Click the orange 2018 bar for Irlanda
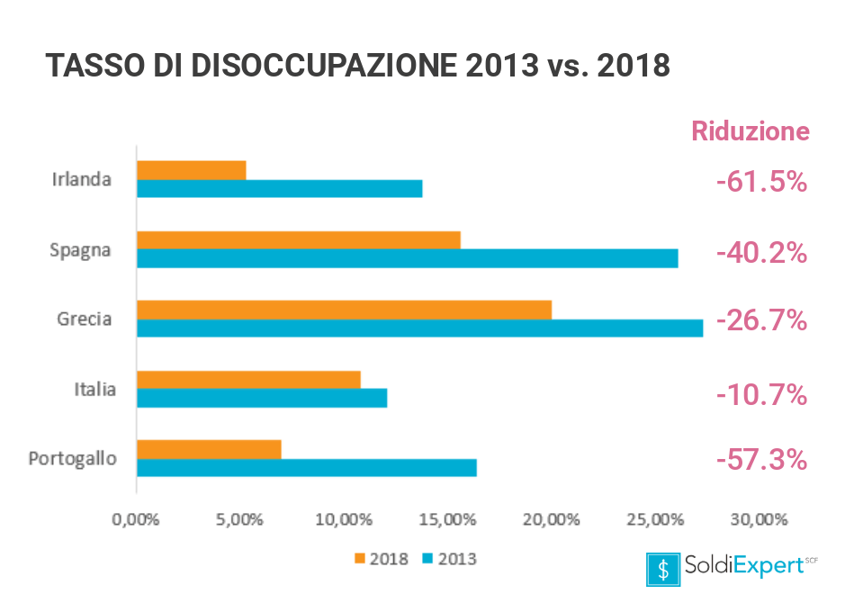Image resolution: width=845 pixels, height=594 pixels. click(191, 170)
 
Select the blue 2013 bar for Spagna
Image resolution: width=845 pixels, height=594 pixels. click(407, 258)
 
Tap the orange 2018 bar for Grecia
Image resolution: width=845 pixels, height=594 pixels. click(344, 310)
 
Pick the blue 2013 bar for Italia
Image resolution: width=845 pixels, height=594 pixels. click(261, 398)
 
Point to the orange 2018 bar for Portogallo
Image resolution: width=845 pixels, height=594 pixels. click(209, 449)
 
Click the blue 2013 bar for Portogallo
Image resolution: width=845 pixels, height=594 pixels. click(306, 468)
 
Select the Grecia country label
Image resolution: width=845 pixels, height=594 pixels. click(85, 319)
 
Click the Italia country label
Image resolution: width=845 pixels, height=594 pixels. click(94, 389)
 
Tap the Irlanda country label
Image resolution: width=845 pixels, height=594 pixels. click(82, 179)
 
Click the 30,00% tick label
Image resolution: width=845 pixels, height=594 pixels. click(758, 519)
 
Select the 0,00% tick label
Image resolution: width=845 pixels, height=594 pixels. click(135, 519)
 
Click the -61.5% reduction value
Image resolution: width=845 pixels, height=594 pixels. click(761, 182)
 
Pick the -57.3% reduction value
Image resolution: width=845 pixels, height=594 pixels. click(761, 460)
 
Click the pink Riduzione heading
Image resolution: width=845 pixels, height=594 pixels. click(751, 131)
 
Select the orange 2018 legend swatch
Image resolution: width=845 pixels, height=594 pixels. click(361, 559)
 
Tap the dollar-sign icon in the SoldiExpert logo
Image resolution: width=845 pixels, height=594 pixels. click(663, 568)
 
